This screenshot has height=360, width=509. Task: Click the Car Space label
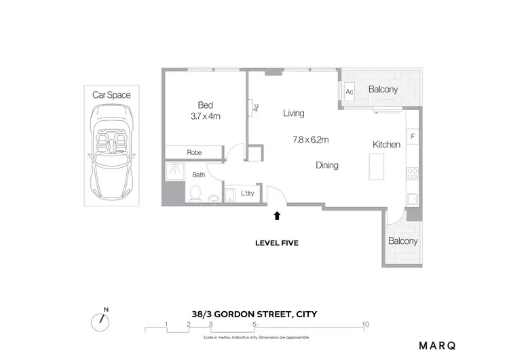pos(111,95)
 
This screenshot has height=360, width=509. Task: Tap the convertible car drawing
pos(112,154)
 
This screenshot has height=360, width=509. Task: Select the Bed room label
pos(205,105)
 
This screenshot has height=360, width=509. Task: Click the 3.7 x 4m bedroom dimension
pos(205,116)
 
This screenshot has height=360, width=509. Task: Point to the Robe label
pos(195,153)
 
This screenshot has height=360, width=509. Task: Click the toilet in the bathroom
pos(195,196)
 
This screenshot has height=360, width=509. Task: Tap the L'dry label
pos(247,193)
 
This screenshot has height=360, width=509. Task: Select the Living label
pos(293,113)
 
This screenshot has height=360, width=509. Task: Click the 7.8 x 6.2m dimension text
pos(310,141)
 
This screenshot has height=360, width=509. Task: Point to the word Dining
pos(326,165)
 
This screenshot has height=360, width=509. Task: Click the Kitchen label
pos(386,145)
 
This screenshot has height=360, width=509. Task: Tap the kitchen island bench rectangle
pos(377,167)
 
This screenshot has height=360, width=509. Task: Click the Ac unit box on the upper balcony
pos(350,92)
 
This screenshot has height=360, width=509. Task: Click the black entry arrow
pos(276,216)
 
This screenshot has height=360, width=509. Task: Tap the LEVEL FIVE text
pos(276,242)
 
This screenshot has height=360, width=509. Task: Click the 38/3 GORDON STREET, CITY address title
pos(254,314)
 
